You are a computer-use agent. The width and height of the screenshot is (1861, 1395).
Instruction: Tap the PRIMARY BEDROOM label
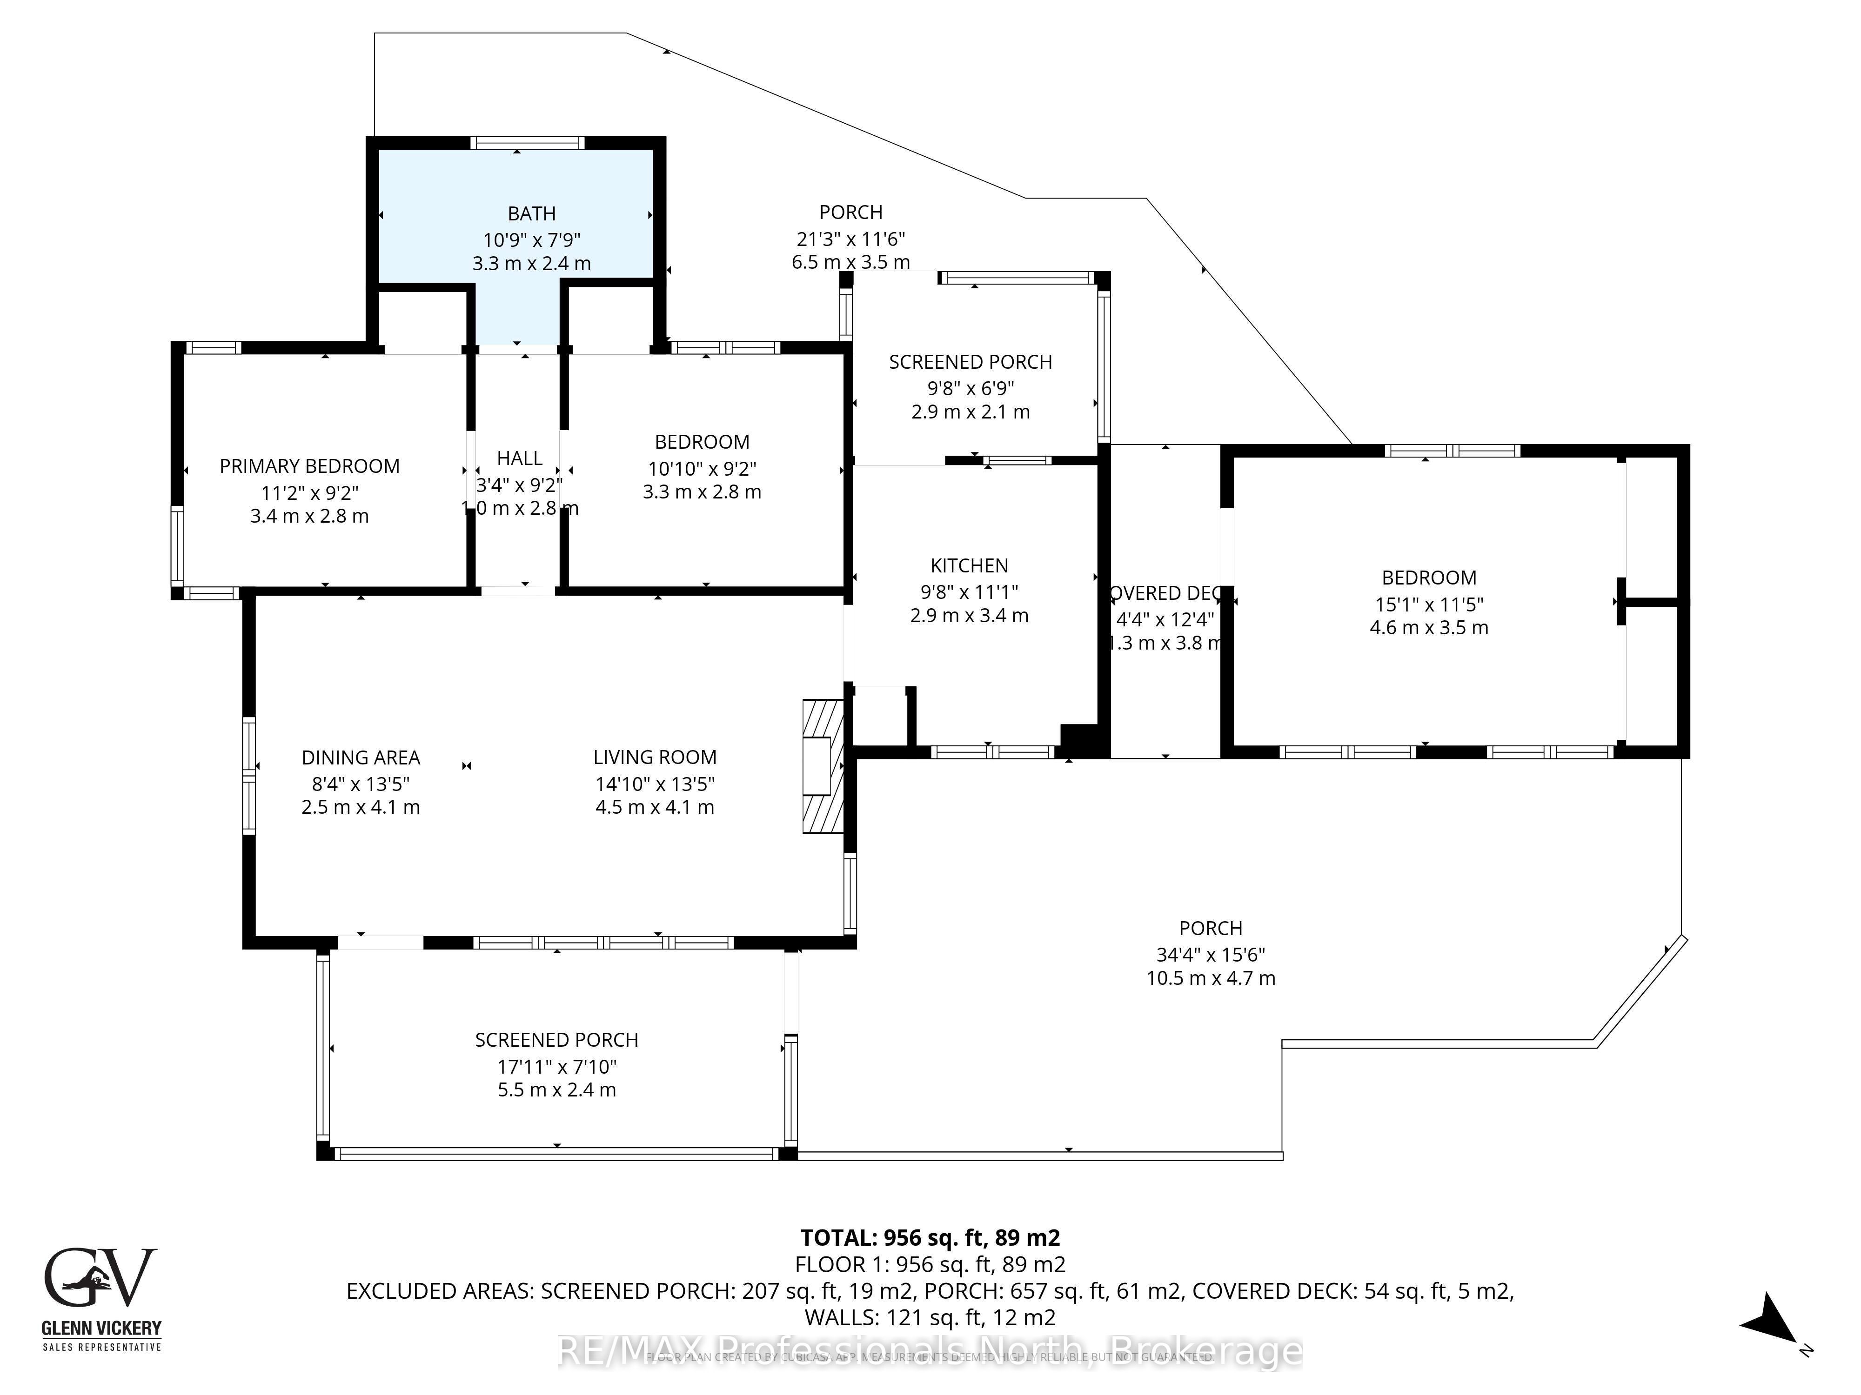[309, 466]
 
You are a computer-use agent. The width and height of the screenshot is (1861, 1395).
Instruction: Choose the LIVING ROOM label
[655, 757]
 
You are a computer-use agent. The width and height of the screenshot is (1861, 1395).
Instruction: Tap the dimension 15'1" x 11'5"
[1429, 604]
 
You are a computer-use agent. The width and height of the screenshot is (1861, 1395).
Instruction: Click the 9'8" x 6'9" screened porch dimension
[970, 388]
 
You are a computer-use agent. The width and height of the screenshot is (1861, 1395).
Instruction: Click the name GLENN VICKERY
[101, 1329]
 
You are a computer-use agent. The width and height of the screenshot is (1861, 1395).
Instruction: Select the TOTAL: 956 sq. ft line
[930, 1238]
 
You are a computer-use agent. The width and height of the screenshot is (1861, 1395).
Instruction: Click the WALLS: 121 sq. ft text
[930, 1317]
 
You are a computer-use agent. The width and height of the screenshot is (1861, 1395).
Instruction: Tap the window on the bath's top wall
[527, 143]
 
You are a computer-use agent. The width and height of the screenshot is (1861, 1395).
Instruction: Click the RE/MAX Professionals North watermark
[930, 1351]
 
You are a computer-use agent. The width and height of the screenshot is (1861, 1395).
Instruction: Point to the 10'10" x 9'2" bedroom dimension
[702, 468]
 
